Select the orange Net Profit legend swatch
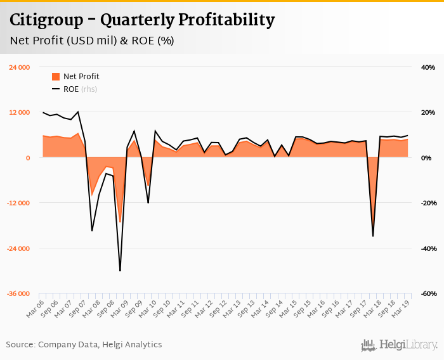[55, 77]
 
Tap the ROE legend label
[71, 89]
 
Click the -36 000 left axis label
[18, 294]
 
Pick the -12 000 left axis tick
[18, 203]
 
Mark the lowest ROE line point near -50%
[120, 271]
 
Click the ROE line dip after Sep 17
[373, 236]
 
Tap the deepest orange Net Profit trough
[120, 222]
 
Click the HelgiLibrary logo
[400, 345]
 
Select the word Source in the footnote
[20, 345]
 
